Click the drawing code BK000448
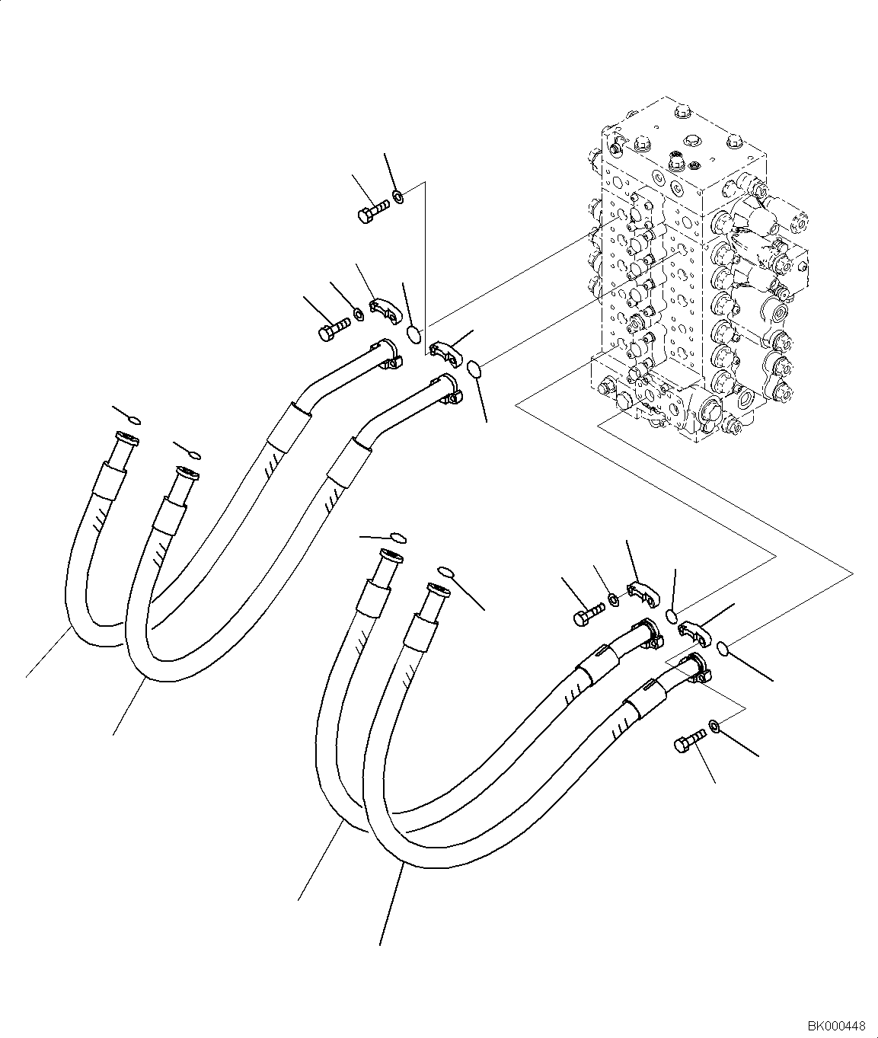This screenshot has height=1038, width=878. click(x=837, y=1026)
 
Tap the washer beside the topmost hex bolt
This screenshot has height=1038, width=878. click(x=398, y=199)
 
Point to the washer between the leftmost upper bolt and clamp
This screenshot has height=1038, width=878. click(x=358, y=313)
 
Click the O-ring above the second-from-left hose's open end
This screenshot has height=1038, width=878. click(x=194, y=455)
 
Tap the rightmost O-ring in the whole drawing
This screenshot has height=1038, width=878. click(x=724, y=649)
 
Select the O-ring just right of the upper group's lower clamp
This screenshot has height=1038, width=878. click(x=473, y=369)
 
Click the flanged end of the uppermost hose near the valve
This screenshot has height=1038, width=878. click(x=390, y=355)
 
